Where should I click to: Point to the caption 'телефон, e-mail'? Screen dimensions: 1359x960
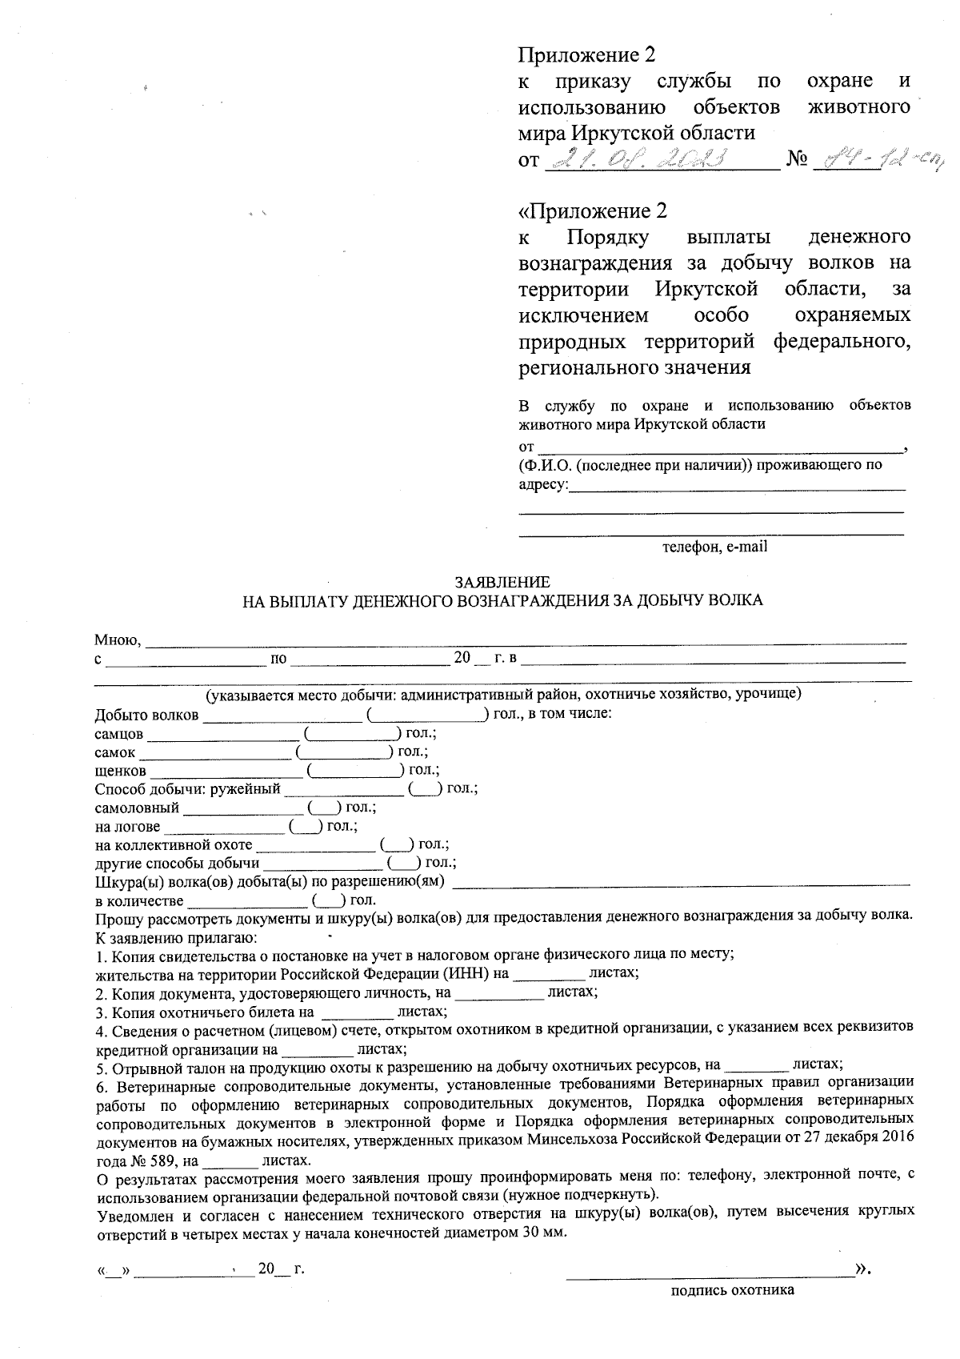pos(714,547)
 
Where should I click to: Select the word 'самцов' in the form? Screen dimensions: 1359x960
pos(118,733)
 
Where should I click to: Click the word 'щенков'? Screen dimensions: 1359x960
pos(120,771)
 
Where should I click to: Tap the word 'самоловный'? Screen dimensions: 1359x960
pos(136,808)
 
